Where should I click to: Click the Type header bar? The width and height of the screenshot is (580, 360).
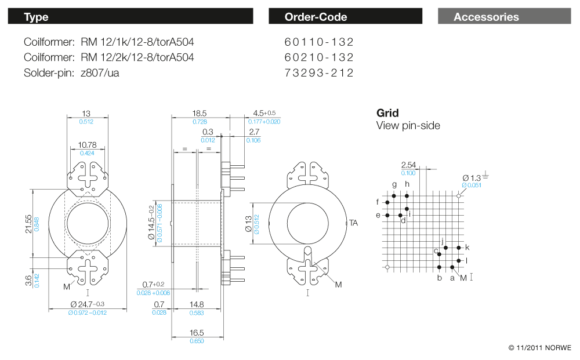(130, 17)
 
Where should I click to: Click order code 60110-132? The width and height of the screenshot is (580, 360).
(319, 42)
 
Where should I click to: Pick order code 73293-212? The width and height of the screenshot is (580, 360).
(319, 72)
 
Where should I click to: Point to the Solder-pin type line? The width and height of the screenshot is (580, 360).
(72, 72)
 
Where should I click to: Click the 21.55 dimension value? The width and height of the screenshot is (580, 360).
(28, 223)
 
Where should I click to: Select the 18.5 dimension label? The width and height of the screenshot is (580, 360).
(200, 114)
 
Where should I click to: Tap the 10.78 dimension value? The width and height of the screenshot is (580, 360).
(87, 144)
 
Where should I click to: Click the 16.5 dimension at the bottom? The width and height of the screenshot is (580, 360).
(197, 333)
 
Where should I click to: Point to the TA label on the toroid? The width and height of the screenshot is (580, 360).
(353, 222)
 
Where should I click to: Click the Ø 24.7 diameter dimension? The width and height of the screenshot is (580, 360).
(87, 304)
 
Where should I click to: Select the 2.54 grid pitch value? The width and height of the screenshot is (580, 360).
(408, 165)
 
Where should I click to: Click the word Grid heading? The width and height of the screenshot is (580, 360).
(387, 113)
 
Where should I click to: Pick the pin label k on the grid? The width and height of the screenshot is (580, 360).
(467, 248)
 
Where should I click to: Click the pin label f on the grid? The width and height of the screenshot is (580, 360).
(378, 202)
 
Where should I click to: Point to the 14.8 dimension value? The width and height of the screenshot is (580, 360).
(197, 304)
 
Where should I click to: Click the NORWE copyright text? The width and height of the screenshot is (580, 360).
(539, 348)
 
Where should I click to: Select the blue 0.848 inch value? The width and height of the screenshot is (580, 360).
(37, 223)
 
